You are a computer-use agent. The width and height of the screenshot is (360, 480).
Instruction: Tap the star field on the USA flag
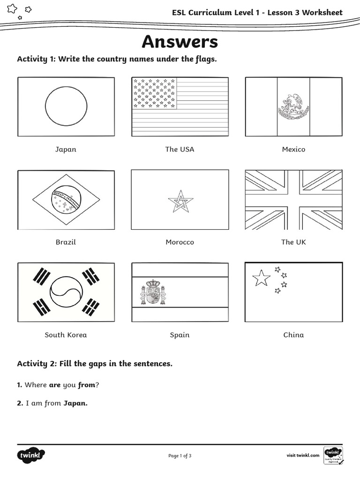pyautogui.click(x=154, y=93)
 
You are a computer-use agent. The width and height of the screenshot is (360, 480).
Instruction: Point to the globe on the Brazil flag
pyautogui.click(x=66, y=200)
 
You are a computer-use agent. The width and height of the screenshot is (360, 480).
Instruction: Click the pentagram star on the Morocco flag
pyautogui.click(x=180, y=201)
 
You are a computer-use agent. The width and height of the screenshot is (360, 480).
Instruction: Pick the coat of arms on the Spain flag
pyautogui.click(x=153, y=292)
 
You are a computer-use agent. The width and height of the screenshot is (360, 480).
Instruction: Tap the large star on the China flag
pyautogui.click(x=261, y=278)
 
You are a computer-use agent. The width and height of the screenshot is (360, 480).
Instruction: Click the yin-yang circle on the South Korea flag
pyautogui.click(x=66, y=292)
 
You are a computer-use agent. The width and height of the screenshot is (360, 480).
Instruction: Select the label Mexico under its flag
pyautogui.click(x=293, y=149)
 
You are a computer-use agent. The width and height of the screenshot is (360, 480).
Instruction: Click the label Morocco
pyautogui.click(x=180, y=242)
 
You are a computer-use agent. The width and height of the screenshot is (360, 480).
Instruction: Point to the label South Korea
pyautogui.click(x=66, y=335)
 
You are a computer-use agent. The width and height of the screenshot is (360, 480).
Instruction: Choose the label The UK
pyautogui.click(x=293, y=242)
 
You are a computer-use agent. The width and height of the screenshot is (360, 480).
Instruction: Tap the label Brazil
pyautogui.click(x=66, y=242)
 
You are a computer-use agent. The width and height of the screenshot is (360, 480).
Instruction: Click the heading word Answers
pyautogui.click(x=180, y=42)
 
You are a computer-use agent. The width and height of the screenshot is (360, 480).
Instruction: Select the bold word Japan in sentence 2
pyautogui.click(x=75, y=403)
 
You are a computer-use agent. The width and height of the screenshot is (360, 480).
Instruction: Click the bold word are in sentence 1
pyautogui.click(x=55, y=385)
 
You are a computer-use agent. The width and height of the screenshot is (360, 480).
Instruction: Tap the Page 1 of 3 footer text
pyautogui.click(x=180, y=455)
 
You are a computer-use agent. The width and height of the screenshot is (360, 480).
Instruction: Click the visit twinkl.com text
pyautogui.click(x=303, y=455)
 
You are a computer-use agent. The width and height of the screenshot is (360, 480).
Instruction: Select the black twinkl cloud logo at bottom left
pyautogui.click(x=31, y=456)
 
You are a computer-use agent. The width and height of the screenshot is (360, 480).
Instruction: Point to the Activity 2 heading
pyautogui.click(x=95, y=363)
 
